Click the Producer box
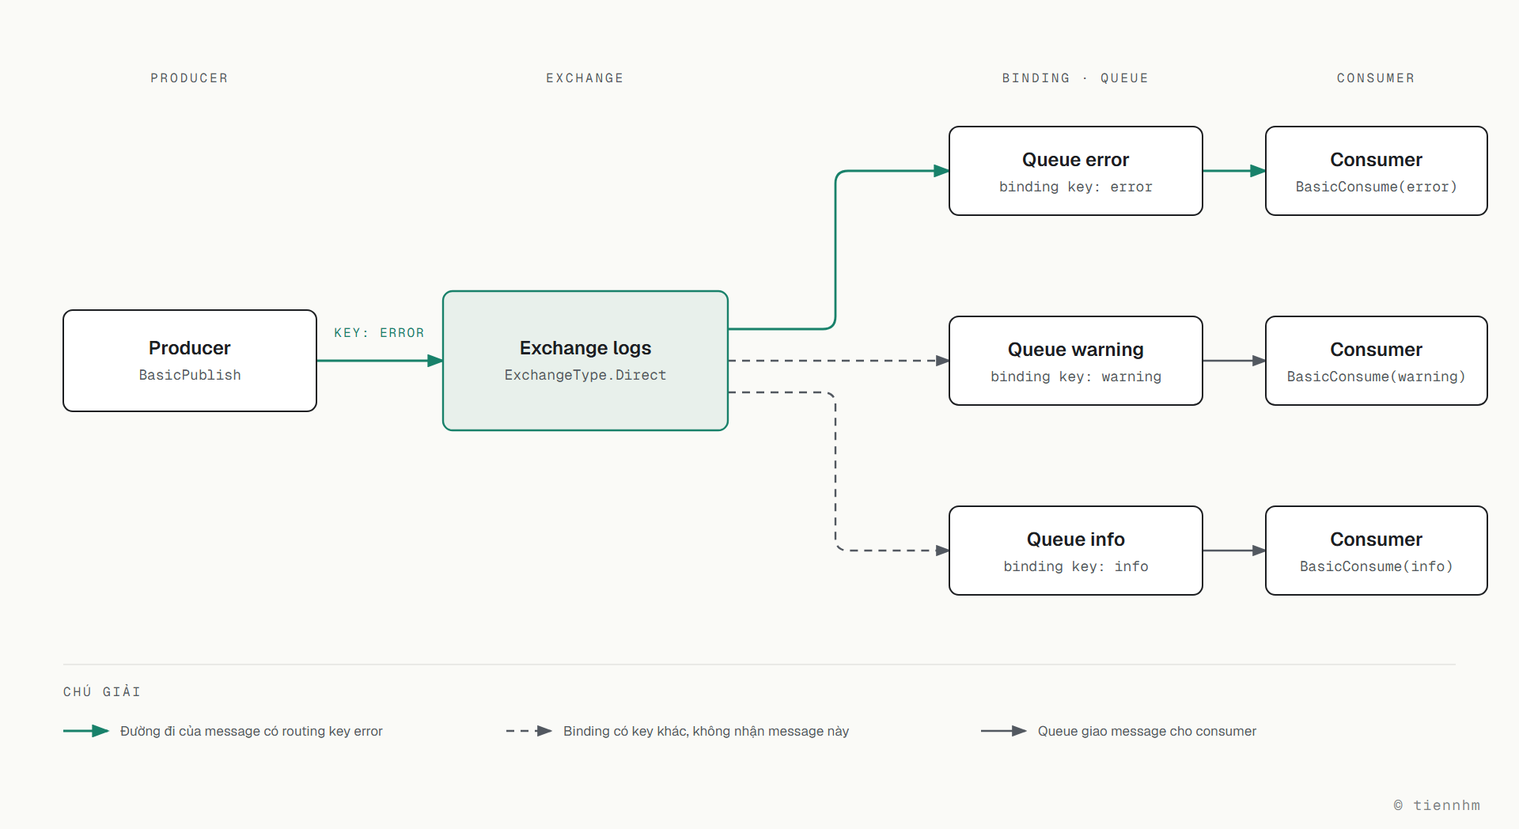pos(190,361)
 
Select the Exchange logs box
pos(585,361)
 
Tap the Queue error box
pos(1076,171)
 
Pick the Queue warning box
pos(1076,361)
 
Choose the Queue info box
pos(1076,551)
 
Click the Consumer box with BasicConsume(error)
pos(1377,171)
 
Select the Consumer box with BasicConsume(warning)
pos(1377,361)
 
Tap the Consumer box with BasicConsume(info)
pos(1377,551)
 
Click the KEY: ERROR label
pos(379,333)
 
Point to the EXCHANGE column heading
pos(585,78)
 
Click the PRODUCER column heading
pos(189,78)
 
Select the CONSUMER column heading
pos(1376,78)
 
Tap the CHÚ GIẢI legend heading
pos(102,691)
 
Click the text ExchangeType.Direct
pos(585,375)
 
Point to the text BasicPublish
pos(190,375)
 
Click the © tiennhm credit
pos(1437,805)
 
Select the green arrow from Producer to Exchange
pos(380,361)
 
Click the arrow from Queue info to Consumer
pos(1234,551)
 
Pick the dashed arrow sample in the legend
pos(529,731)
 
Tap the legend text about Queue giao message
pos(1147,731)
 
